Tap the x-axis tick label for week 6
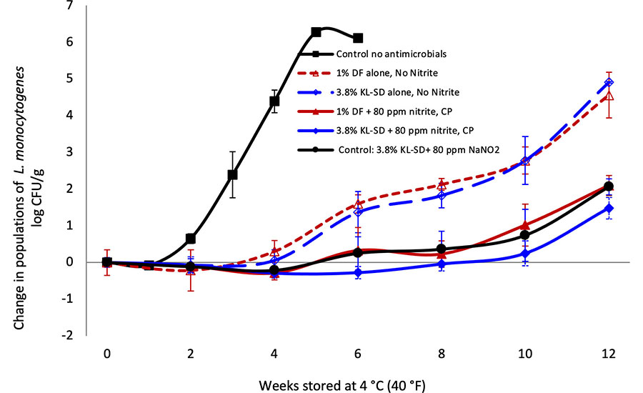[x=357, y=353]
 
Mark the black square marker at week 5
[x=316, y=32]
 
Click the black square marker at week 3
[x=232, y=174]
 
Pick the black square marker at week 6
[x=358, y=38]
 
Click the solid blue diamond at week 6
[x=358, y=273]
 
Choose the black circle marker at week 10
[x=525, y=235]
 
